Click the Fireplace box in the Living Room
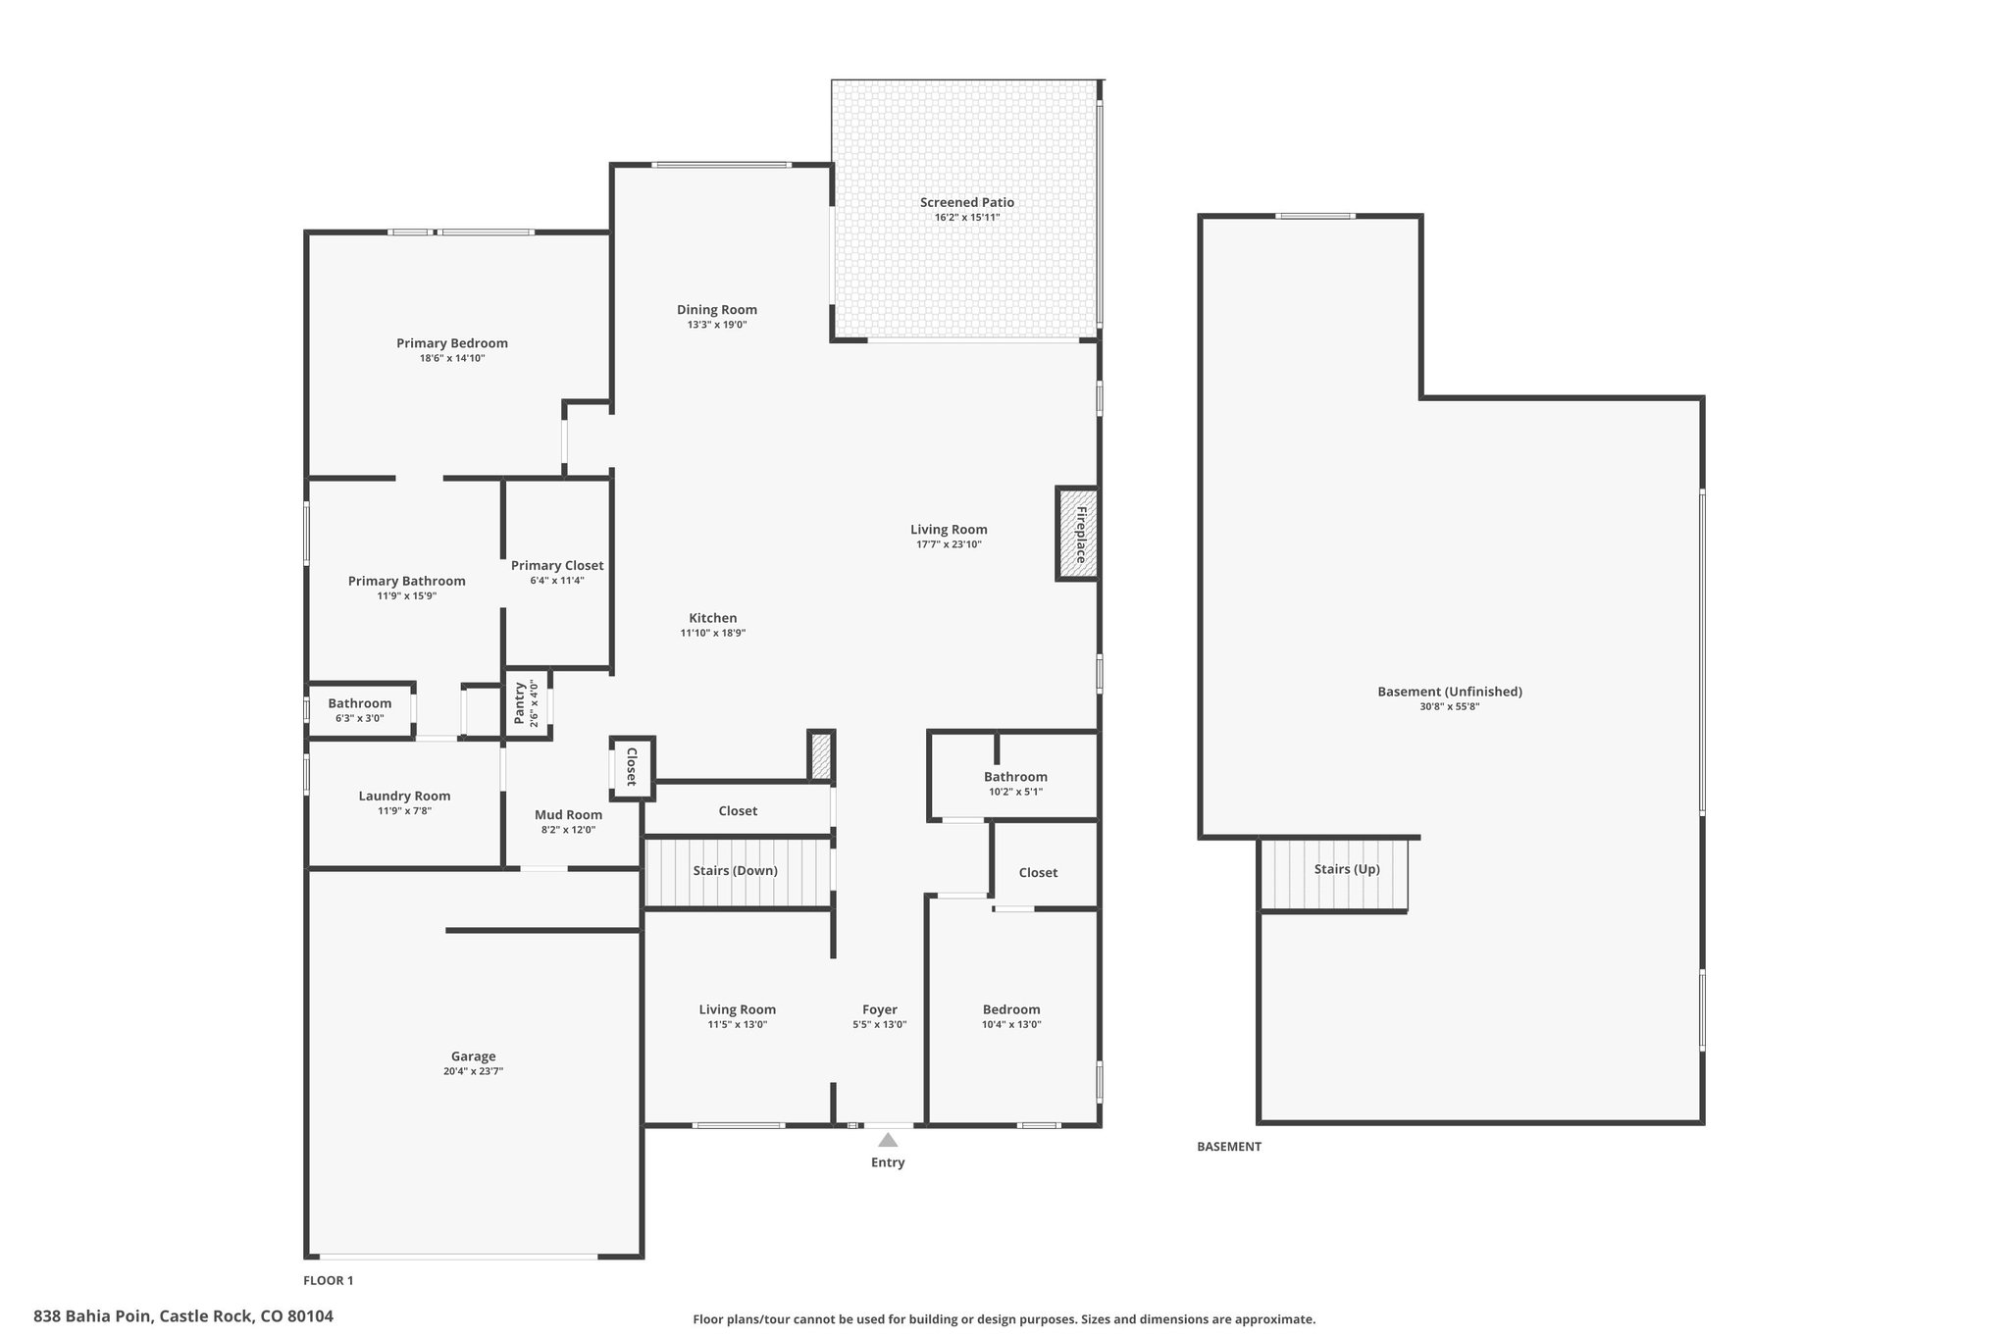tap(1077, 534)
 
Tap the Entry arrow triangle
tap(888, 1140)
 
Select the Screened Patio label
tap(967, 203)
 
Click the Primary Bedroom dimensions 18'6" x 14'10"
tap(452, 358)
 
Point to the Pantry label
tap(520, 703)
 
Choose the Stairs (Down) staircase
tap(738, 871)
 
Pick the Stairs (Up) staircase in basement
tap(1334, 874)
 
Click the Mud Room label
tap(569, 815)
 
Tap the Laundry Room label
tap(405, 797)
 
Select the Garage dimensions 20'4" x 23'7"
tap(474, 1071)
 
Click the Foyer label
tap(880, 1009)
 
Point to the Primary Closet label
tap(557, 566)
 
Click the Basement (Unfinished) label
tap(1450, 692)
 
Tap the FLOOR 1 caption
tap(329, 1280)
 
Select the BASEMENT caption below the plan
tap(1229, 1147)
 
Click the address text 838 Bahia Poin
tap(93, 1316)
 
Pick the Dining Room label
tap(717, 310)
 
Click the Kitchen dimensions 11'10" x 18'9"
tap(713, 633)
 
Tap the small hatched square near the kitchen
tap(821, 756)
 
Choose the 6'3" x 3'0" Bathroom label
tap(360, 703)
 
